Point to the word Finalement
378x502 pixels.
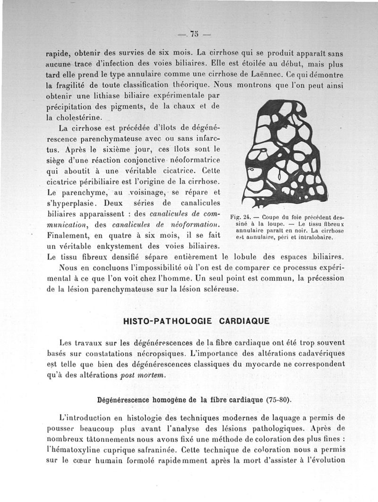pos(71,235)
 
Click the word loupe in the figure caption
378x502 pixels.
pos(273,224)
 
